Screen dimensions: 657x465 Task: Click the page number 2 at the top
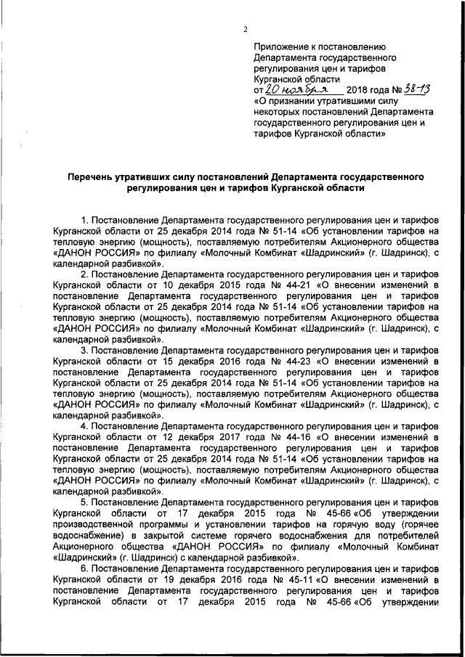tap(245, 29)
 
